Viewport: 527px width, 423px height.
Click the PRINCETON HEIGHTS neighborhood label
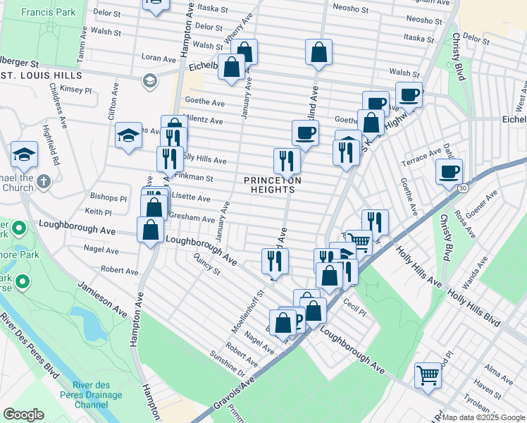[x=273, y=185]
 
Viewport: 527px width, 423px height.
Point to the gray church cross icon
[x=44, y=182]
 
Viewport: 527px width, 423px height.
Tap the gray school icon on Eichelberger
[x=149, y=81]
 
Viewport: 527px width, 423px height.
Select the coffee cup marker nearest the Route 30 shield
[x=449, y=171]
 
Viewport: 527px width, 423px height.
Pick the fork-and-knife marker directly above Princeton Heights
[x=287, y=160]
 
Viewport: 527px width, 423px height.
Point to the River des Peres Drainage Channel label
[x=101, y=396]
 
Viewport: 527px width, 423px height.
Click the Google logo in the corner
[x=23, y=415]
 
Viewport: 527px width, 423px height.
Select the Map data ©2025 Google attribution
[x=483, y=417]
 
